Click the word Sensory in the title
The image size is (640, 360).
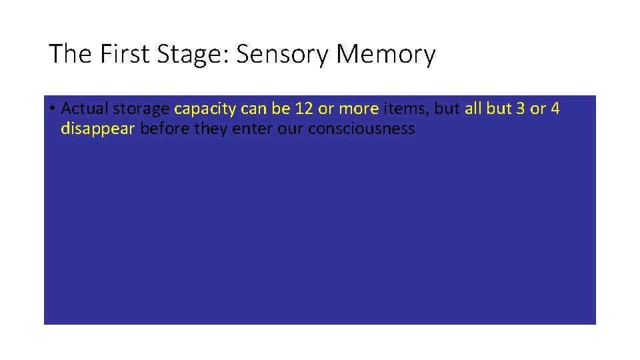coord(283,55)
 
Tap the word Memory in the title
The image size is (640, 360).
coord(386,55)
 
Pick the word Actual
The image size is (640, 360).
coord(84,109)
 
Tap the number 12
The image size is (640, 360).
coord(304,109)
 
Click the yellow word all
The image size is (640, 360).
coord(473,109)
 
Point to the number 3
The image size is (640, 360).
coord(521,109)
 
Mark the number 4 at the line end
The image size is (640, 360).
coord(555,109)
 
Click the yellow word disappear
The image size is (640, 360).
coord(97,129)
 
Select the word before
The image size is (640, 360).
coord(165,128)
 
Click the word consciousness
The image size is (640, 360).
coord(361,128)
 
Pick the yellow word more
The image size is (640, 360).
coord(359,109)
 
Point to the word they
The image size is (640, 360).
coord(211,128)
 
